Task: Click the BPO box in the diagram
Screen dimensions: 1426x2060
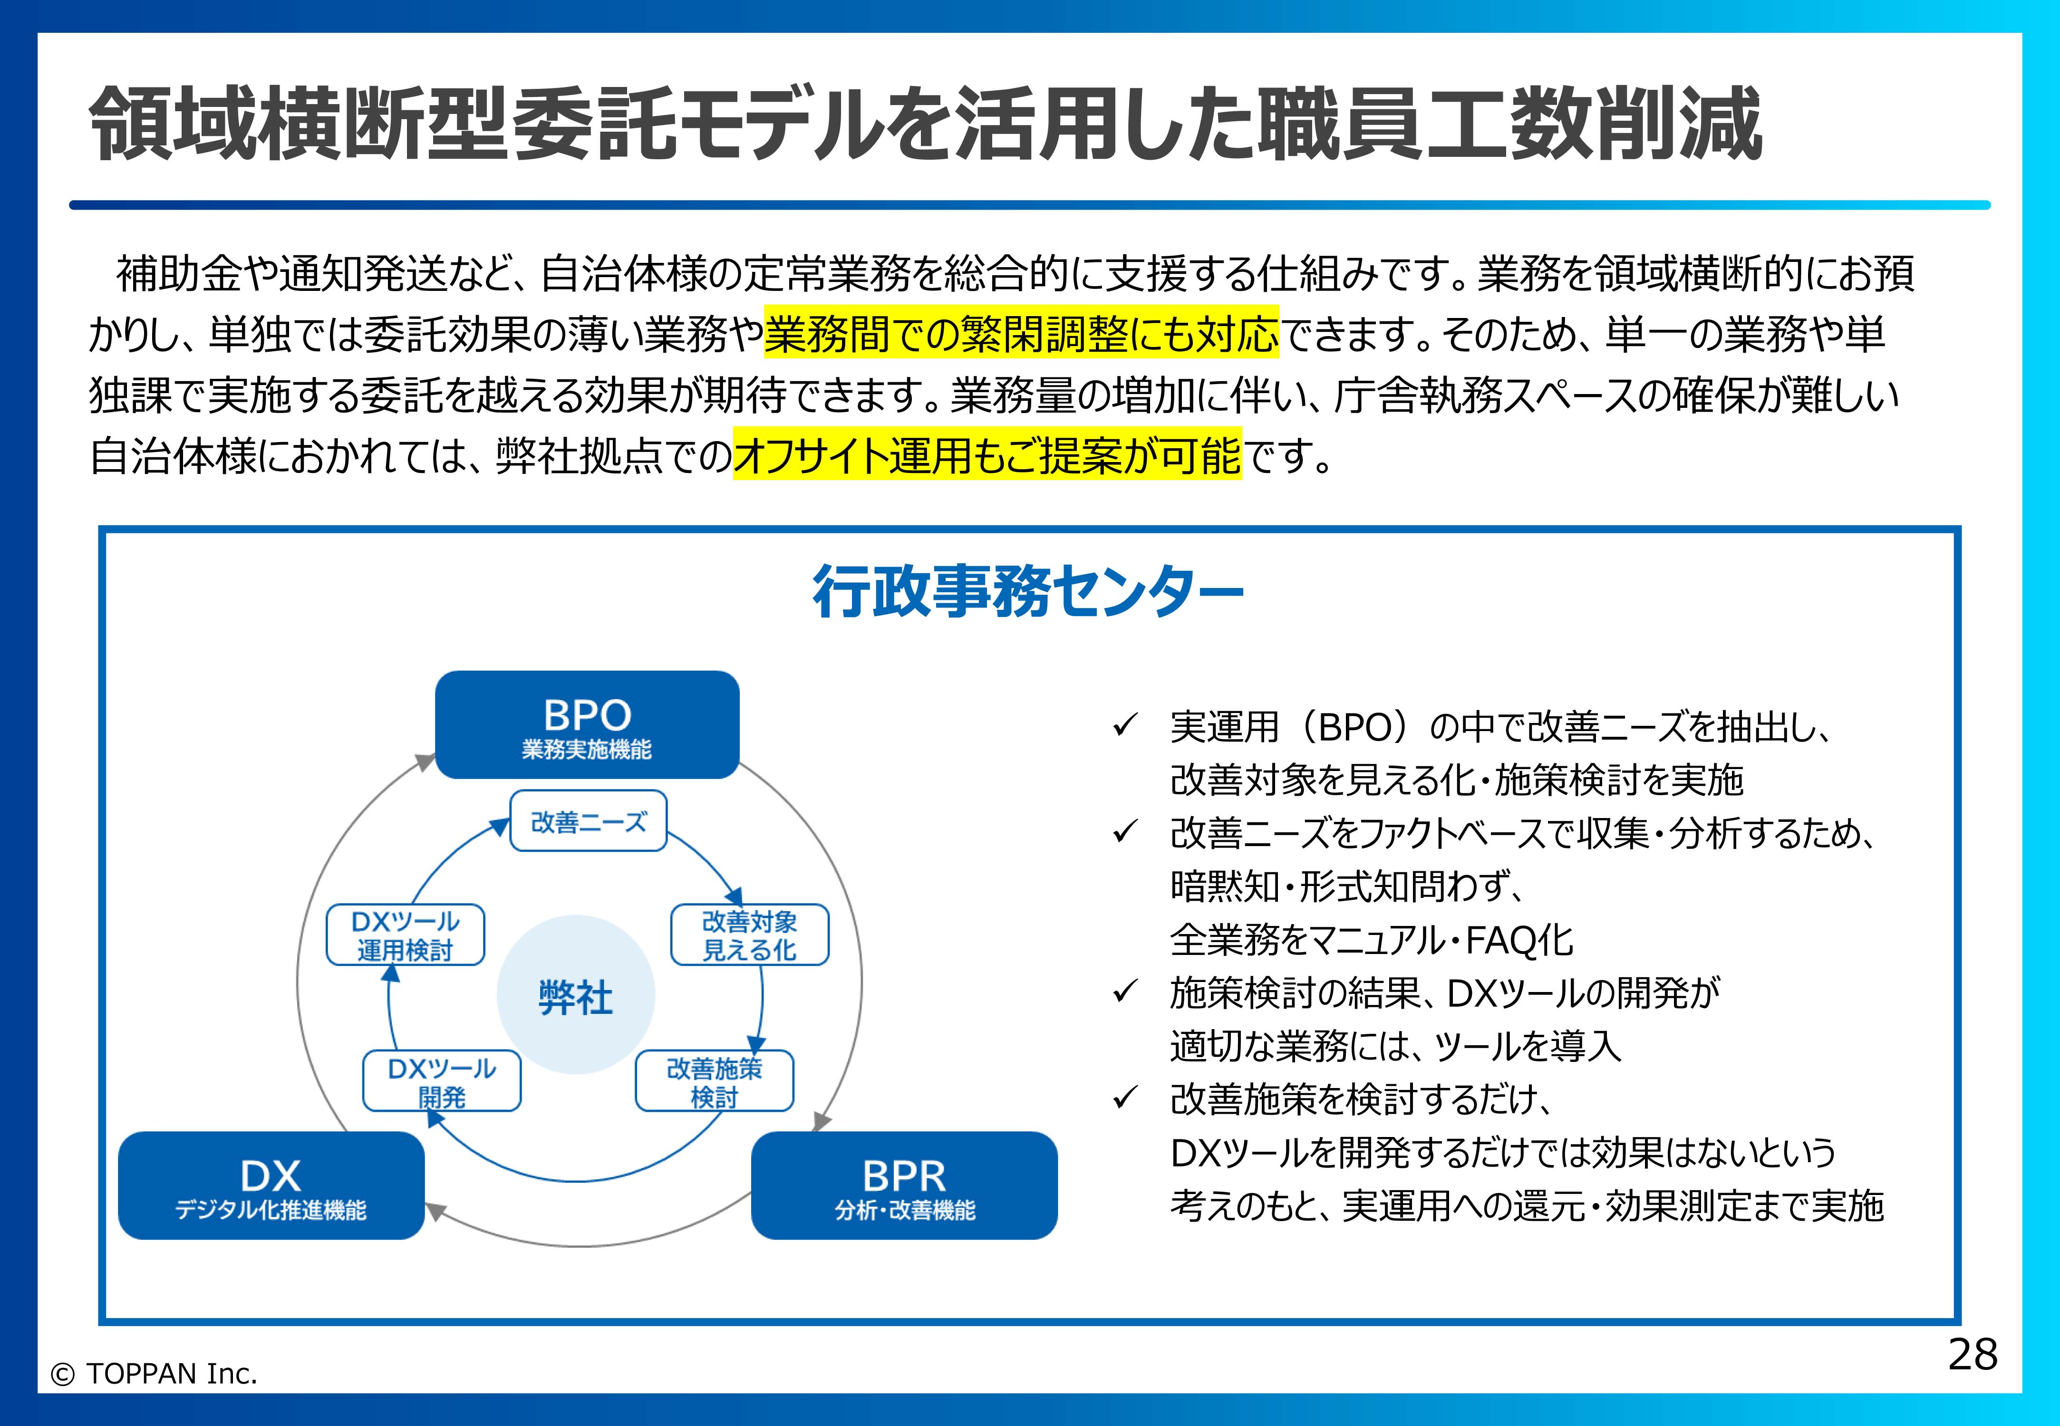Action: pyautogui.click(x=587, y=724)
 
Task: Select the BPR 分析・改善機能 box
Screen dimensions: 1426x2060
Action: pyautogui.click(x=904, y=1185)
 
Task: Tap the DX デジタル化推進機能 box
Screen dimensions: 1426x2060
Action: pyautogui.click(x=271, y=1185)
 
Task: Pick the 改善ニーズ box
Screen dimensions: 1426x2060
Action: pyautogui.click(x=588, y=821)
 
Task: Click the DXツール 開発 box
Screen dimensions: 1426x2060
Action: pyautogui.click(x=442, y=1081)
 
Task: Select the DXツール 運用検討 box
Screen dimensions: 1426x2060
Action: pyautogui.click(x=405, y=935)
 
